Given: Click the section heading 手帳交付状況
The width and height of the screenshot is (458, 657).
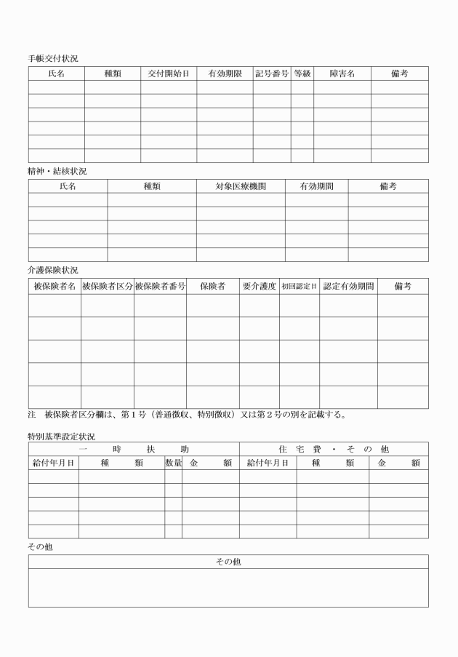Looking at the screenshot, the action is tap(53, 57).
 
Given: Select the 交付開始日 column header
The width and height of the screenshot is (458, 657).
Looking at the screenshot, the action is tap(169, 73).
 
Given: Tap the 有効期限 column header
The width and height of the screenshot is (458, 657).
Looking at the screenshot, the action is tap(225, 73).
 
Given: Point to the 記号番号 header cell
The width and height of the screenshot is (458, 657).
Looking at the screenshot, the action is tap(272, 73).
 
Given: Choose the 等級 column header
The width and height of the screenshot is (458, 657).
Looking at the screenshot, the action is tap(302, 73).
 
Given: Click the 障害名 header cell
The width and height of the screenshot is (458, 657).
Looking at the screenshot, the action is tap(342, 73).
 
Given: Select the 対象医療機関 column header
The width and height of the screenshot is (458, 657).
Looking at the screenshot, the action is tap(241, 186).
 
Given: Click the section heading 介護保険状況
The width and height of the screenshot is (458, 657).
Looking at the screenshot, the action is tap(53, 270).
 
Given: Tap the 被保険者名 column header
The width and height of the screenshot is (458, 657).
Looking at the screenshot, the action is tap(55, 287).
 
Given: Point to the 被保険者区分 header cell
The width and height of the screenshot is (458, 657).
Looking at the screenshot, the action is tap(108, 287).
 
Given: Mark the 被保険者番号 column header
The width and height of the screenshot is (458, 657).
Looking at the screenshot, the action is tap(160, 287).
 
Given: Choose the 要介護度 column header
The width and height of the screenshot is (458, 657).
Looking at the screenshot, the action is tap(259, 287).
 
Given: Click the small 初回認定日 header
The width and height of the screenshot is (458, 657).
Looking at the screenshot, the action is tap(300, 287).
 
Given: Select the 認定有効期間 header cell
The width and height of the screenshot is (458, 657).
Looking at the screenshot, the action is tap(348, 287).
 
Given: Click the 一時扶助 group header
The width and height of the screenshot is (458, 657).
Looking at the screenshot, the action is tap(134, 449).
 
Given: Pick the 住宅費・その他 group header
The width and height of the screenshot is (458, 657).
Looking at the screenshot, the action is tap(334, 449).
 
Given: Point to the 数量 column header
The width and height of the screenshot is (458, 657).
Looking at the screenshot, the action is tap(173, 463).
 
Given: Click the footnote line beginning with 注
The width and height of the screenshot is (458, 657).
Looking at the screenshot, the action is tap(187, 415).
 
